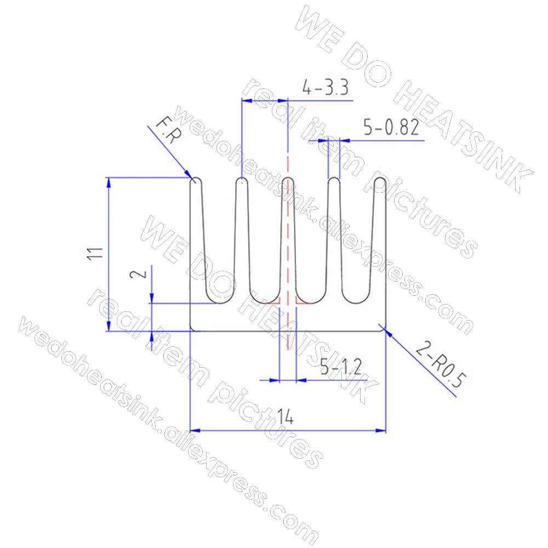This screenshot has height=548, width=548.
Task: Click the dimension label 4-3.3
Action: pos(326,87)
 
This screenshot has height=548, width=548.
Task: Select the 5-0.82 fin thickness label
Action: pos(391,127)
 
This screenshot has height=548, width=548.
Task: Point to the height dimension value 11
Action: pos(95,253)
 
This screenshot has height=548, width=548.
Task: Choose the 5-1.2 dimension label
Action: pos(341,367)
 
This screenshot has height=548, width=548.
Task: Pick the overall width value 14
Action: pos(285,416)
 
